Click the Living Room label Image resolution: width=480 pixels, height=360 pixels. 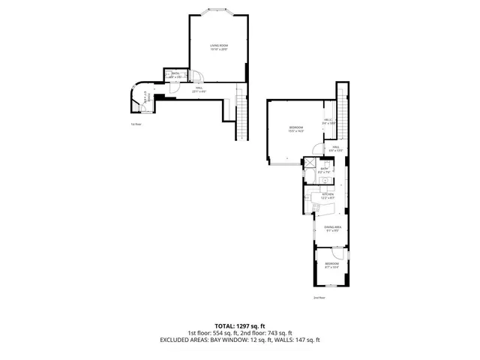click(x=218, y=47)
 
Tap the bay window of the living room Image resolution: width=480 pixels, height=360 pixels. click(x=218, y=10)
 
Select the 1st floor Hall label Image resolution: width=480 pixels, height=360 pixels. click(x=200, y=90)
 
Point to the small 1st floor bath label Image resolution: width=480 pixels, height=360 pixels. click(x=175, y=75)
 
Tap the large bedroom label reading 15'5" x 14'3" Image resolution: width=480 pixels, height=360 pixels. click(x=296, y=129)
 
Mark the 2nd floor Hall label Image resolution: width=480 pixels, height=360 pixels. click(x=336, y=148)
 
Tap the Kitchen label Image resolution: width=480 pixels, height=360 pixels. click(x=328, y=196)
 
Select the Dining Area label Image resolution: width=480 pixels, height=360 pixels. click(x=333, y=229)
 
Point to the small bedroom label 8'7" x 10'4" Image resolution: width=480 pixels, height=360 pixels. click(x=331, y=265)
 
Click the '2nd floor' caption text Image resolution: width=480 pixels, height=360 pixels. click(x=319, y=298)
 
